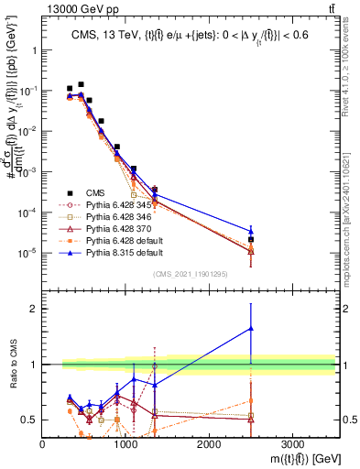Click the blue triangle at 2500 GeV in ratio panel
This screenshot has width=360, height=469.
(251, 328)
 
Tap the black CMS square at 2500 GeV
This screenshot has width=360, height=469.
(251, 239)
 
